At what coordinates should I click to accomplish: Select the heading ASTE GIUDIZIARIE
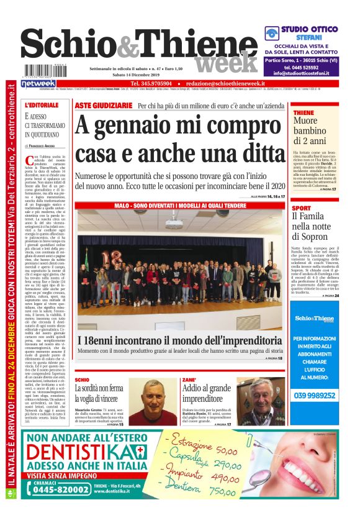pyautogui.click(x=103, y=106)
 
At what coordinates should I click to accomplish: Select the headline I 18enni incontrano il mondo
pyautogui.click(x=180, y=340)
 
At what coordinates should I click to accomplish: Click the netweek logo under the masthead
pyautogui.click(x=38, y=83)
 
